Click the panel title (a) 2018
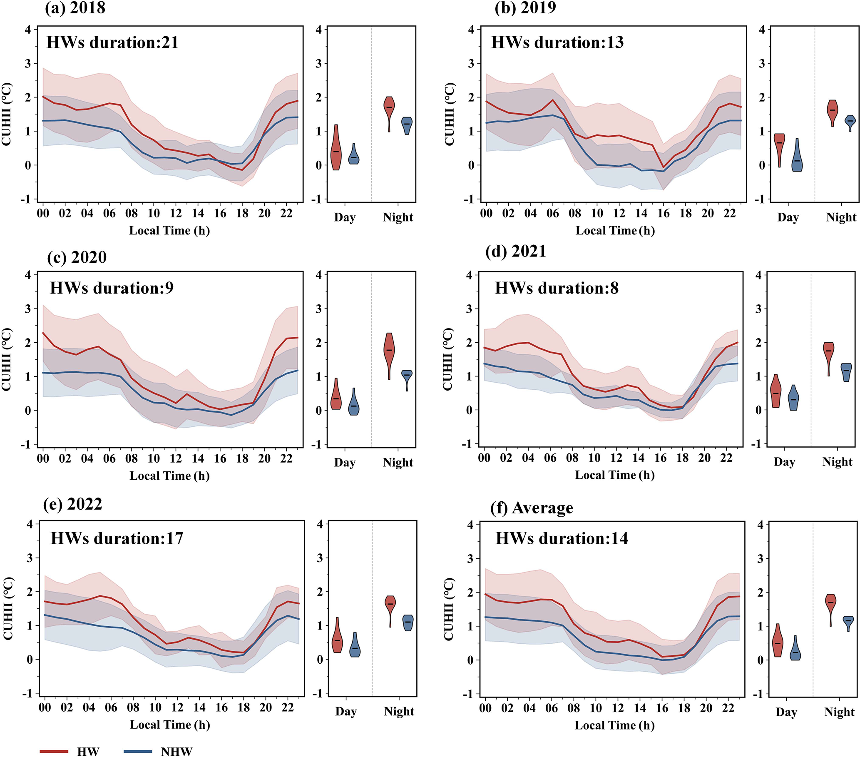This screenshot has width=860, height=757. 75,7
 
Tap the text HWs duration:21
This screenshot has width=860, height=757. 112,42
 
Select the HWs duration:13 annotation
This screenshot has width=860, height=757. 557,42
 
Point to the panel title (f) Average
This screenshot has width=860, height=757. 532,508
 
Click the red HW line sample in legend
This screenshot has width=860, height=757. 54,751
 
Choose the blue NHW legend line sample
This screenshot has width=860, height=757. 138,751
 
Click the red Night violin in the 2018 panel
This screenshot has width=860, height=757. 390,110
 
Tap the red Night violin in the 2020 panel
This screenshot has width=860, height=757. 390,351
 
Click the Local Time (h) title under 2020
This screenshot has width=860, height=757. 169,476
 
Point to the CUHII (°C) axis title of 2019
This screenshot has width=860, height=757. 449,114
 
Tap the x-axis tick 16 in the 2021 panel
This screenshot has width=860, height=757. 660,458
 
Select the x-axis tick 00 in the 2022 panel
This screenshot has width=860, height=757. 45,707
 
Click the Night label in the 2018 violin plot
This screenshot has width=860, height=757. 398,217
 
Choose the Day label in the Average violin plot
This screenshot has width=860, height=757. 786,712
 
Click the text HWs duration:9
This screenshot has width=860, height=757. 112,288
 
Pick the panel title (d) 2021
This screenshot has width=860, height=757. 515,251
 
